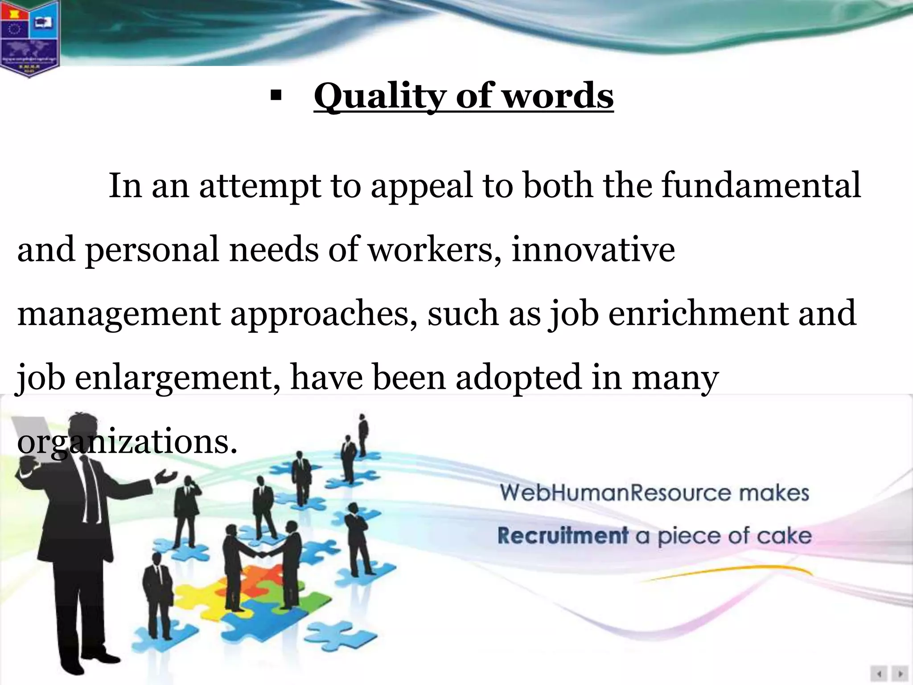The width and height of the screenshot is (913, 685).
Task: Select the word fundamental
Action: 761,186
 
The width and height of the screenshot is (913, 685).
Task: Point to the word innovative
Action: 593,250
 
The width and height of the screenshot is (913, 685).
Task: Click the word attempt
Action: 260,186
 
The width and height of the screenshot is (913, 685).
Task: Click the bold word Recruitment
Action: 563,535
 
